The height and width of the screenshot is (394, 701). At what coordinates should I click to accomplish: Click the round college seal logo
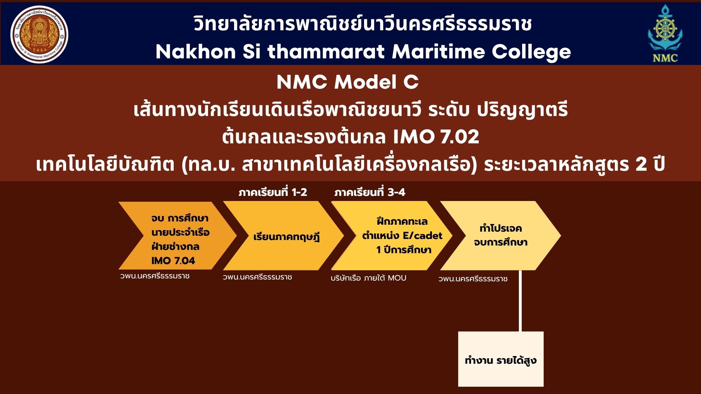click(x=39, y=34)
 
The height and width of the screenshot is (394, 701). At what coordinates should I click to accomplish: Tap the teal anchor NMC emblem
click(x=665, y=33)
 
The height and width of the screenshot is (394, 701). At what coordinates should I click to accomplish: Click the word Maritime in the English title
click(x=438, y=51)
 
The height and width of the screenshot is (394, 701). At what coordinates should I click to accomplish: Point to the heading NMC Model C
click(x=348, y=82)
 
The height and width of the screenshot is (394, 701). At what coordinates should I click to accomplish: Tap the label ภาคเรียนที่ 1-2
click(x=273, y=192)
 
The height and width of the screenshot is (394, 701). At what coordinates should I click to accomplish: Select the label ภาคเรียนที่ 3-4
click(x=369, y=192)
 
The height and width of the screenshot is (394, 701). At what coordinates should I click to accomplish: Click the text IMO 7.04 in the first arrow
click(x=173, y=260)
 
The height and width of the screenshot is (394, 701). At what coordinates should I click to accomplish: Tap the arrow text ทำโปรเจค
click(x=501, y=228)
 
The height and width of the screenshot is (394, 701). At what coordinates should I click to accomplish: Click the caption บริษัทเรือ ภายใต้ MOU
click(x=368, y=278)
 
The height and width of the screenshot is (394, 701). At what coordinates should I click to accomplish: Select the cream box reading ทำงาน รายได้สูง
click(x=501, y=359)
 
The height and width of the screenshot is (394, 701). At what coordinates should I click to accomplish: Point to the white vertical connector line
click(x=520, y=301)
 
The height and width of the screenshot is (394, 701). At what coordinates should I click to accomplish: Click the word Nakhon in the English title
click(x=196, y=51)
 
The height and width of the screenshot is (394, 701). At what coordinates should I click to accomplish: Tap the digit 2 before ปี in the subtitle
click(x=641, y=165)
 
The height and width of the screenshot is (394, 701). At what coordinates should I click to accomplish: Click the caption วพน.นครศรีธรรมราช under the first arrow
click(x=155, y=276)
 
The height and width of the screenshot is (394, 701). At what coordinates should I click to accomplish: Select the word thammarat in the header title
click(x=326, y=51)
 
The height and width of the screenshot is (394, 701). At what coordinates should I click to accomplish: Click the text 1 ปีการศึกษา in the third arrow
click(x=404, y=250)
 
